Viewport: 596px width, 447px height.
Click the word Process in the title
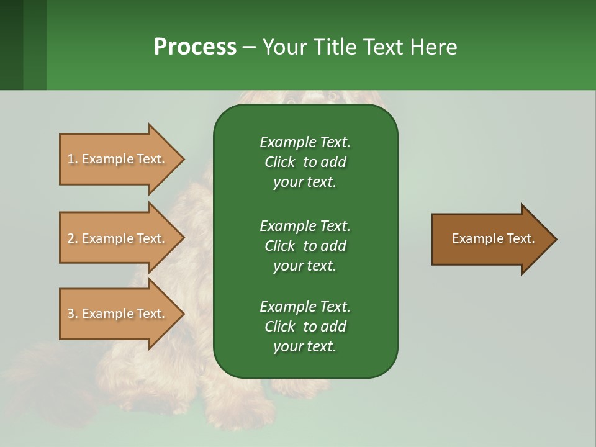click(x=195, y=47)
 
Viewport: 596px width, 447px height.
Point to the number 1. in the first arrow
click(x=73, y=159)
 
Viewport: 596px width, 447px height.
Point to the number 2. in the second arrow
click(x=73, y=238)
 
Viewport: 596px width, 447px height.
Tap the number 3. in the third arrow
click(x=73, y=314)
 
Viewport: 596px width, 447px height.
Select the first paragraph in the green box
click(x=305, y=162)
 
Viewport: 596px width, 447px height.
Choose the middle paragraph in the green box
click(x=305, y=245)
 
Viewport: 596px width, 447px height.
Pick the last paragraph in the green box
click(x=305, y=327)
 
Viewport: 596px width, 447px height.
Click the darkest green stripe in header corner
click(x=11, y=45)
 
